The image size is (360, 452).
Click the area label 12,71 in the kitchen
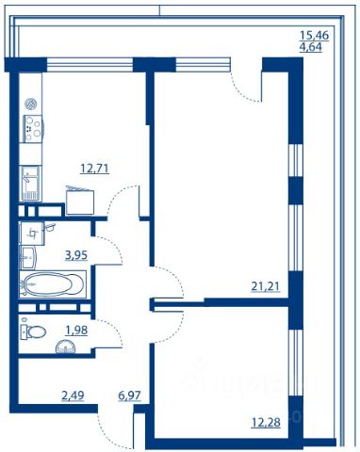tap(94, 169)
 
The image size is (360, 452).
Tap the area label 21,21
tap(265, 286)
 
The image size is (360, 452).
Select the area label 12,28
tap(266, 423)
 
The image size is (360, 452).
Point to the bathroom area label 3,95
tap(76, 255)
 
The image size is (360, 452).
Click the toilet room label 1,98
tap(76, 331)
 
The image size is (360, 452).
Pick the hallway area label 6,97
tap(129, 395)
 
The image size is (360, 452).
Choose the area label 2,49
tap(73, 395)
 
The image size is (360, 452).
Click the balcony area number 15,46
tap(315, 35)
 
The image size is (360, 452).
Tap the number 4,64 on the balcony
tap(311, 48)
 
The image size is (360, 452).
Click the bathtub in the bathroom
tap(53, 284)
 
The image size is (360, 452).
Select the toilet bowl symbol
tap(33, 331)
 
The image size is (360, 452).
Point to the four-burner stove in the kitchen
tap(32, 129)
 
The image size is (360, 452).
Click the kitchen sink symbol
tap(30, 184)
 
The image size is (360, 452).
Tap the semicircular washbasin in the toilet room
tap(66, 347)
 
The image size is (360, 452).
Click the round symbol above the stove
tap(31, 105)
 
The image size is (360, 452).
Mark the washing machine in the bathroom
tap(32, 234)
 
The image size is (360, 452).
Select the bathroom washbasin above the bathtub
tap(28, 257)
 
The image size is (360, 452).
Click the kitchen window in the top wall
tap(90, 65)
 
